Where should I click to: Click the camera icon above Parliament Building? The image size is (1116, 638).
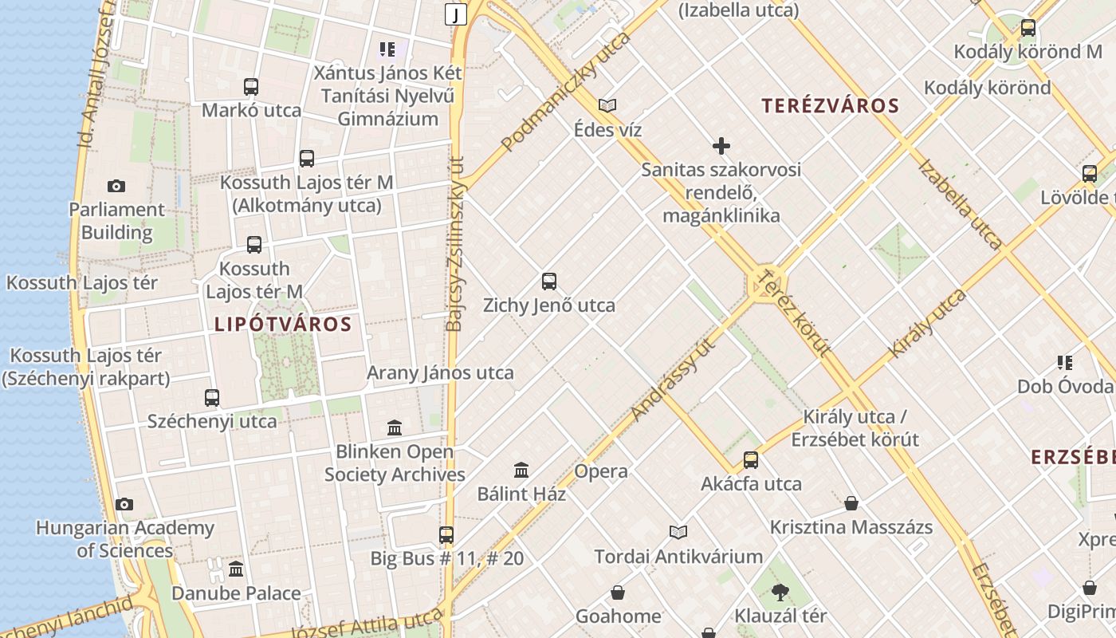pos(116,186)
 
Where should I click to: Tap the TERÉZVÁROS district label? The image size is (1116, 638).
pos(830,106)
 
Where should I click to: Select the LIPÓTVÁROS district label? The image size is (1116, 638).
pos(283,325)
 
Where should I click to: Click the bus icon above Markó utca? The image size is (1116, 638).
pos(251,87)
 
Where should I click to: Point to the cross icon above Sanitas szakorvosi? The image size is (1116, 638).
pos(721,146)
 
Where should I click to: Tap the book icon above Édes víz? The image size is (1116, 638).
pos(607,105)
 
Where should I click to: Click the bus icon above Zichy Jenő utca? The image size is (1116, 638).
pos(549,281)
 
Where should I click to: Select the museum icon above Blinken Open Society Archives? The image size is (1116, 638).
pos(395,428)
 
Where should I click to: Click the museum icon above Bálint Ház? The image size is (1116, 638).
pos(521,470)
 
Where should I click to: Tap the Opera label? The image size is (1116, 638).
pos(601,471)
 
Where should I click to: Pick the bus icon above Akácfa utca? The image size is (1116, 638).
pos(751,459)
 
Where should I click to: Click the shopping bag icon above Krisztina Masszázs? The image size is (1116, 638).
pos(851,503)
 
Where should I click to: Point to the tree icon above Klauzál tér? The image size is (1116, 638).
pos(780,592)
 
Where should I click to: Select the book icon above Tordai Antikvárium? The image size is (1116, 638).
pos(678,532)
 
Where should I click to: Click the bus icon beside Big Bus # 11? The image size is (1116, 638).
pos(446,534)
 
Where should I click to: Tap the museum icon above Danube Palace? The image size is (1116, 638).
pos(236,569)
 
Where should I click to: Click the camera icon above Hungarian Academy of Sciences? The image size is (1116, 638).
pos(124,504)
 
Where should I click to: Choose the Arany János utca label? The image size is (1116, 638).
pos(440,372)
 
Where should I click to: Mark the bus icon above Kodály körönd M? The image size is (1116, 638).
pos(1028,28)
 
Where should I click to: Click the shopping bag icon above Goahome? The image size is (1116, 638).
pos(618,593)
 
